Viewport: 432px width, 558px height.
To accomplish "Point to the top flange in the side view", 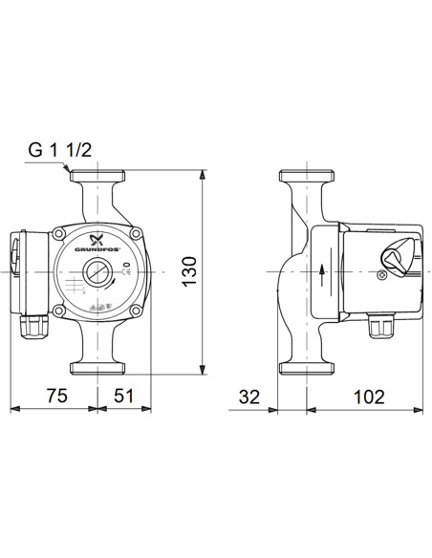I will coord(304,178).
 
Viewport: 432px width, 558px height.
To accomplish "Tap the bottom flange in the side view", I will coord(304,366).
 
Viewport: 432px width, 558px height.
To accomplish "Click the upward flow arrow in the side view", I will coord(322,271).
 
